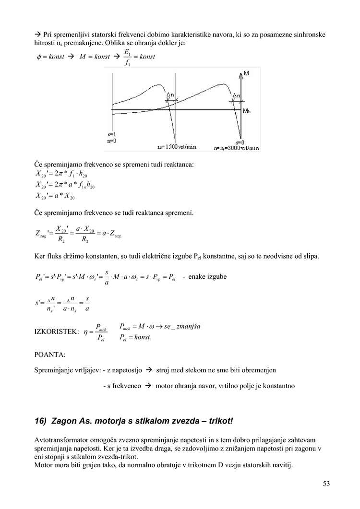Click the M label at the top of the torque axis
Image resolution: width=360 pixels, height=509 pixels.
click(x=246, y=73)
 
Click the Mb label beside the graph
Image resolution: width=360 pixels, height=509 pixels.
click(x=246, y=111)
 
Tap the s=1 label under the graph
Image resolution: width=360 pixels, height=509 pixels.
click(x=111, y=135)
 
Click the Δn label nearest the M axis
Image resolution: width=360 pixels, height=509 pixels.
click(x=237, y=95)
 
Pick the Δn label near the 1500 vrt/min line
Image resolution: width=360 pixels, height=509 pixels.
click(x=170, y=95)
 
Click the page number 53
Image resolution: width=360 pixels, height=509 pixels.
click(x=326, y=484)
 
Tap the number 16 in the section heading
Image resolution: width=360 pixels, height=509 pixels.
click(x=40, y=421)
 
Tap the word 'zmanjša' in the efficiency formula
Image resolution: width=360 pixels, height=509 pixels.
click(x=189, y=327)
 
